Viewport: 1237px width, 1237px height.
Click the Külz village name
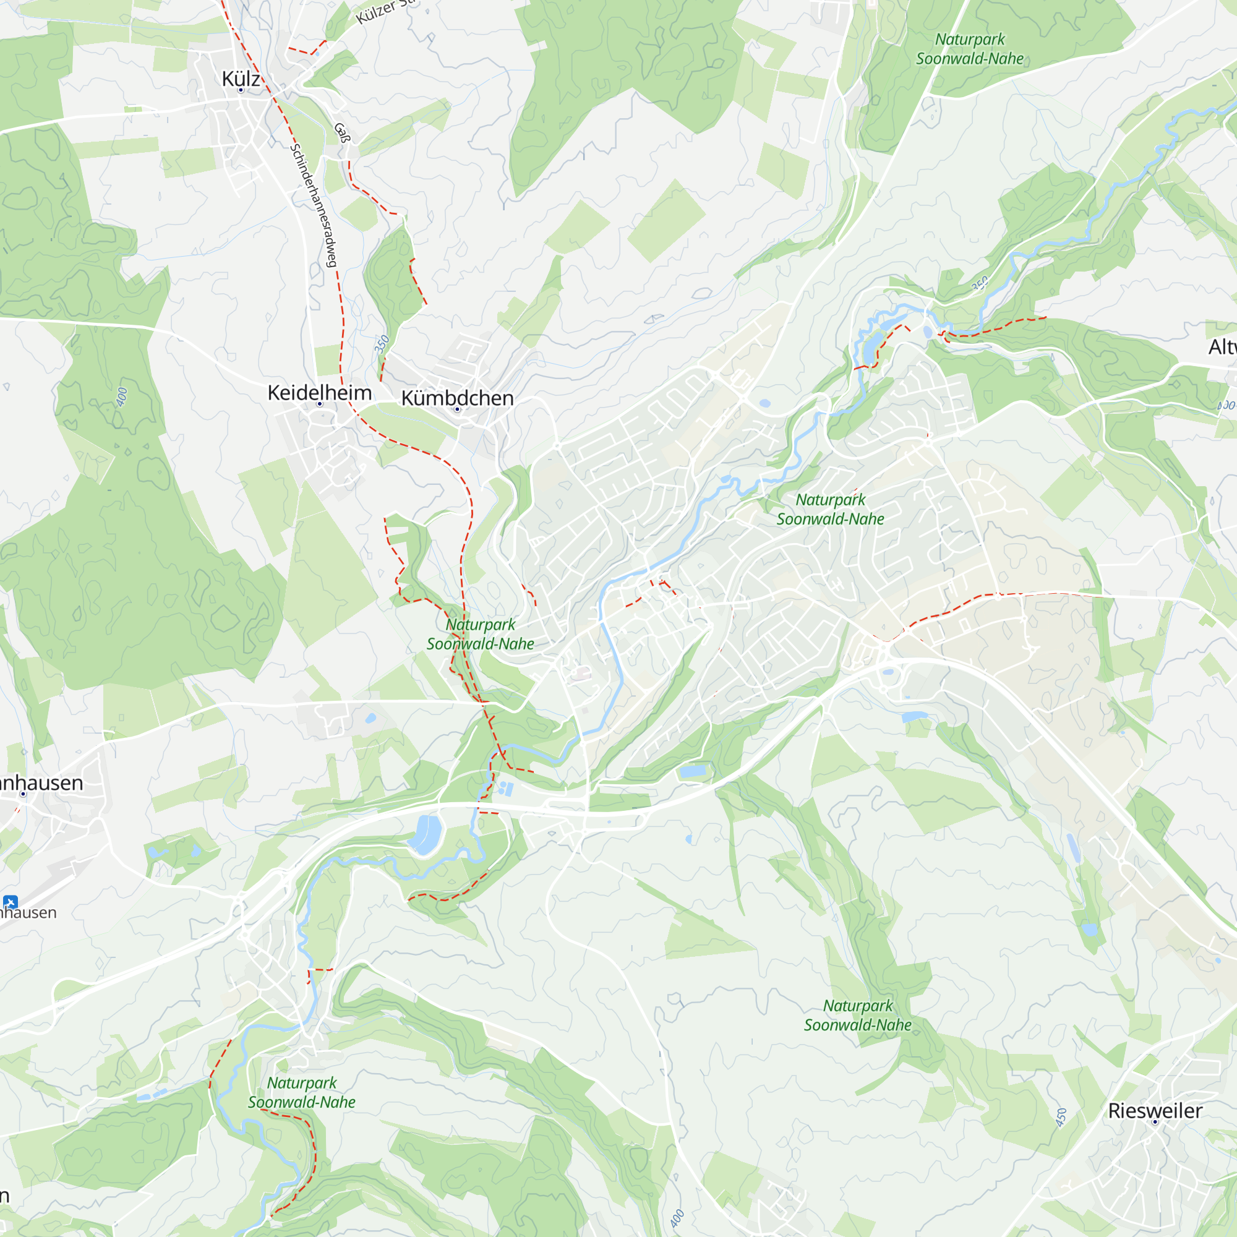pos(241,79)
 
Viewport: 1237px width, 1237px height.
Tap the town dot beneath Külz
pos(241,90)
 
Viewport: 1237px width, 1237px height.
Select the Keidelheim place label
pos(319,392)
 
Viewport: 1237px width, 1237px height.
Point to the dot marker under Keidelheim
pos(320,404)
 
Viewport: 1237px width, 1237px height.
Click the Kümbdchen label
pos(457,398)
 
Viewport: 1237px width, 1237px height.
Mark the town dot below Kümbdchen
pos(457,409)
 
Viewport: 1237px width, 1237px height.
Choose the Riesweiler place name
pos(1155,1110)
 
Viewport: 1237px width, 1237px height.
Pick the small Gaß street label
pos(343,132)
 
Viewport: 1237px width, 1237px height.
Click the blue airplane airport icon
pos(10,902)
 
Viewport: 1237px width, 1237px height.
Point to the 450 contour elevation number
pos(1061,1117)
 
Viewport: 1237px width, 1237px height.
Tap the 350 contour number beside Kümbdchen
pos(382,344)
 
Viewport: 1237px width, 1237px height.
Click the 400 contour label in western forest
pos(122,396)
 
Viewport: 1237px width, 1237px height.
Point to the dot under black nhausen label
pos(23,794)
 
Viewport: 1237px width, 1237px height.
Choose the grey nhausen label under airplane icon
pos(28,912)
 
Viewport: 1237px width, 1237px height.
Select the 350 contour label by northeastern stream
pos(980,283)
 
